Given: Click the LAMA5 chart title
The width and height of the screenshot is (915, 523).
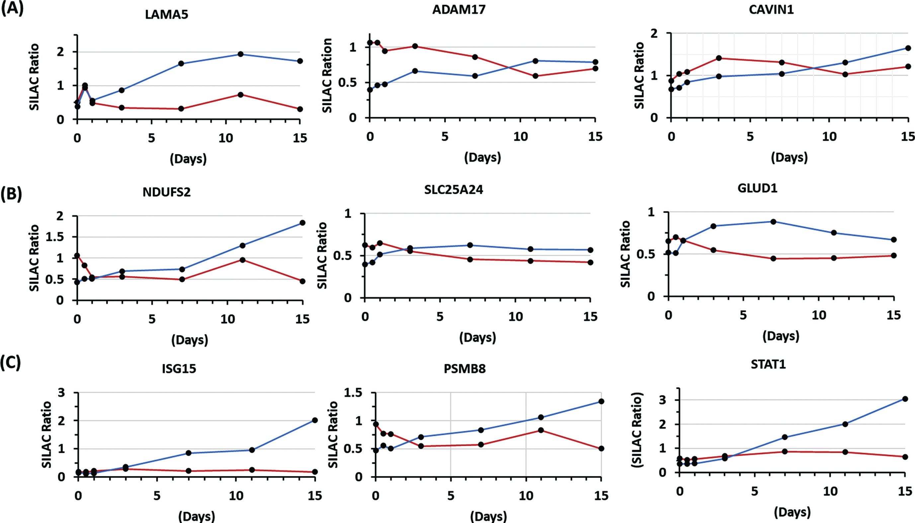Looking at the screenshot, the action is pyautogui.click(x=166, y=14).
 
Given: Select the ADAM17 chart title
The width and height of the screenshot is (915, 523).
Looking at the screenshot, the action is pyautogui.click(x=459, y=9).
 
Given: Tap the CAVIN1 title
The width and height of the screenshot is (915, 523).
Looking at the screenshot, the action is pyautogui.click(x=771, y=9).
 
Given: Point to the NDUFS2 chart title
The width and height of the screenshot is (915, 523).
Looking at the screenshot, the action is pyautogui.click(x=166, y=192).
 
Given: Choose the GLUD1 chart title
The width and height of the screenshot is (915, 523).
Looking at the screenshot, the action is pyautogui.click(x=757, y=188).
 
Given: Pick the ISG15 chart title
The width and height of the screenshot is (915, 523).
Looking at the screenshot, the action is pyautogui.click(x=179, y=369).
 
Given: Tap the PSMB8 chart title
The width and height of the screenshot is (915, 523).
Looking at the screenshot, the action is pyautogui.click(x=464, y=369).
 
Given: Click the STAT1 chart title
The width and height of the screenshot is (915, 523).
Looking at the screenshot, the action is pyautogui.click(x=768, y=365).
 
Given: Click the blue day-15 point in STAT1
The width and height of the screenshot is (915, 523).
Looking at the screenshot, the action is pyautogui.click(x=905, y=399).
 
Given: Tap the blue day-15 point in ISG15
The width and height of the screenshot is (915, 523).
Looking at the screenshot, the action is pyautogui.click(x=315, y=420).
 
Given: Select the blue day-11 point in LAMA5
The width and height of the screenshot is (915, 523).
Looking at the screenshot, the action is pyautogui.click(x=241, y=54).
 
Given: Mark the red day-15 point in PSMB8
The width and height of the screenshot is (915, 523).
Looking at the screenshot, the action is pyautogui.click(x=601, y=449).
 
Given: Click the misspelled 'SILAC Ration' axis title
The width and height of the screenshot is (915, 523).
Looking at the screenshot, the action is pyautogui.click(x=327, y=75).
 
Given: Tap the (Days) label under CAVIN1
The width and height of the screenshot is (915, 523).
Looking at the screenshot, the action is pyautogui.click(x=789, y=157).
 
